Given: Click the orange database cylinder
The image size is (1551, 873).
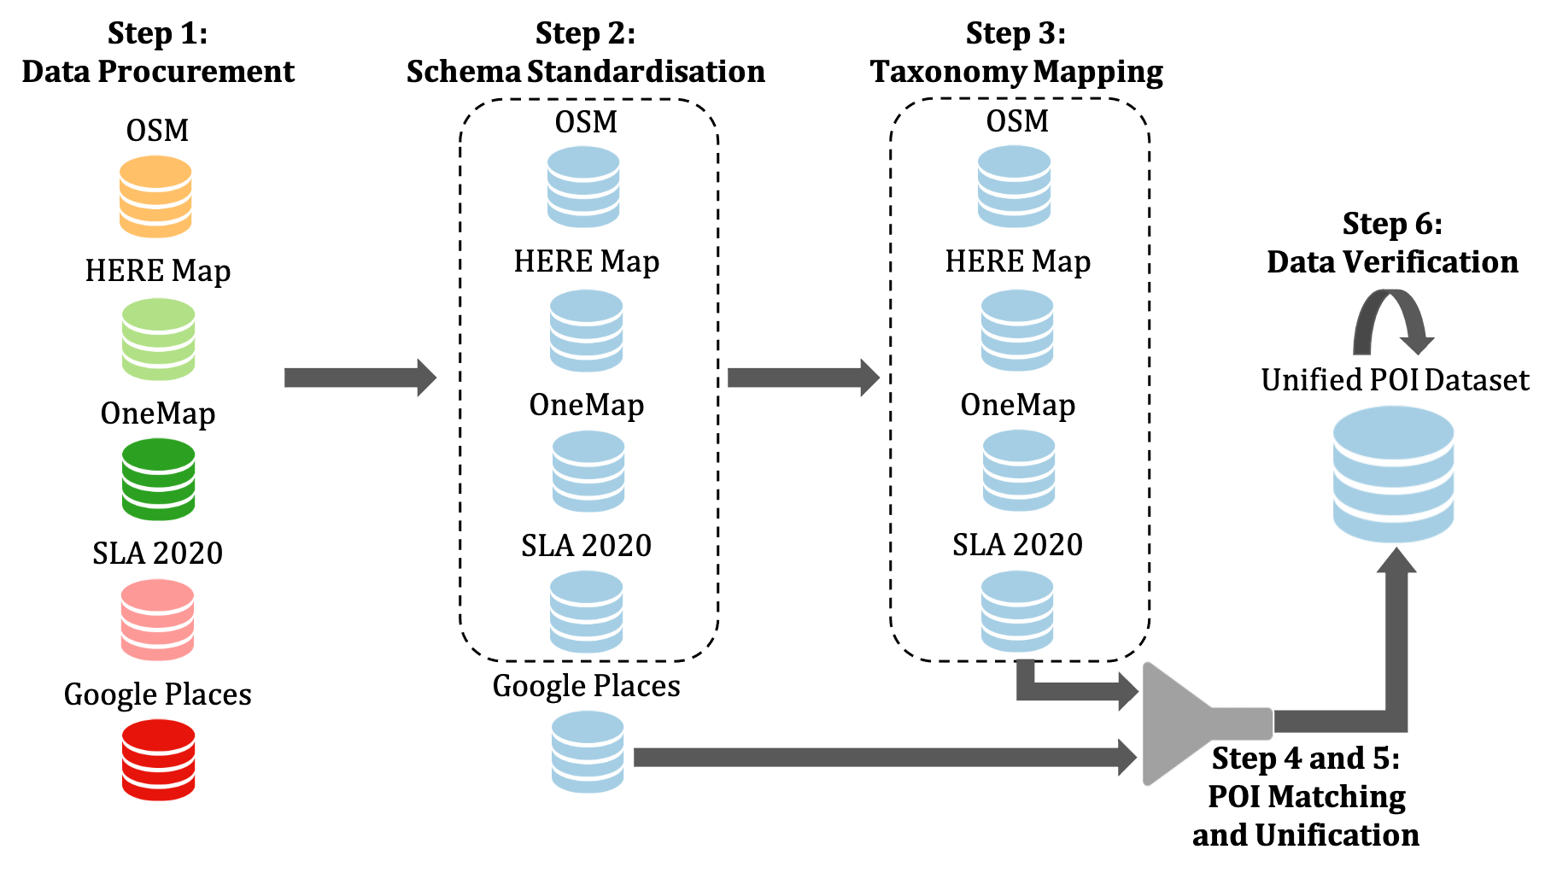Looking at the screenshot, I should click(x=155, y=196).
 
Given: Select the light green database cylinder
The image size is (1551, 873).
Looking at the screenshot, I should click(x=159, y=339).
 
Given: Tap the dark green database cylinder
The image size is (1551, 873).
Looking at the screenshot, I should click(x=159, y=479).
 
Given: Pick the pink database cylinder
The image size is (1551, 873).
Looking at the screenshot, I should click(x=157, y=620).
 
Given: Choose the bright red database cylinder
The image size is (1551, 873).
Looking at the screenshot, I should click(x=159, y=759).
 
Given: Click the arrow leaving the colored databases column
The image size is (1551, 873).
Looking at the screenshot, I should click(x=359, y=378).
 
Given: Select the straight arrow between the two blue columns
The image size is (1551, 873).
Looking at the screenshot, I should click(x=803, y=378).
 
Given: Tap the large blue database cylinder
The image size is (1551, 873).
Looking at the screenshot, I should click(x=1393, y=474).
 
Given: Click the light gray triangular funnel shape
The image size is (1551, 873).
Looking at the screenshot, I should click(x=1174, y=724).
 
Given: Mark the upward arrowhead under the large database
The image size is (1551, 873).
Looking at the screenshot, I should click(x=1396, y=562).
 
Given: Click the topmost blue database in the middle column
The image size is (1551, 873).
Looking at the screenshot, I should click(x=583, y=186).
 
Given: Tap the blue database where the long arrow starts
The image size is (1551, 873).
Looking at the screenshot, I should click(x=588, y=752).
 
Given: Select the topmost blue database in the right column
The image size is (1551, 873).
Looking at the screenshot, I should click(x=1015, y=186).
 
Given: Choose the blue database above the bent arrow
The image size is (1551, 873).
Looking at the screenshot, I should click(x=1017, y=612).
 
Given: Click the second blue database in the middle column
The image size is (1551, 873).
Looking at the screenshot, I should click(x=587, y=331).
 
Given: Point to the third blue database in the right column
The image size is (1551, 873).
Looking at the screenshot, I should click(x=1019, y=471).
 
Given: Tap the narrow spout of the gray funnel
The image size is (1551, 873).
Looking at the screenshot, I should click(x=1243, y=724).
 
